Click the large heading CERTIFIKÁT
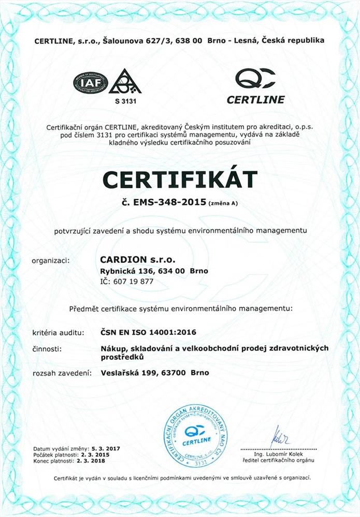coord(180,179)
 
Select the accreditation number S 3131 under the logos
coord(124,101)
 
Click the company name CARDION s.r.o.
coord(137,259)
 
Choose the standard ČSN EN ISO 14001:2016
coord(148,332)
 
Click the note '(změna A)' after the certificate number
coord(223,204)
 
